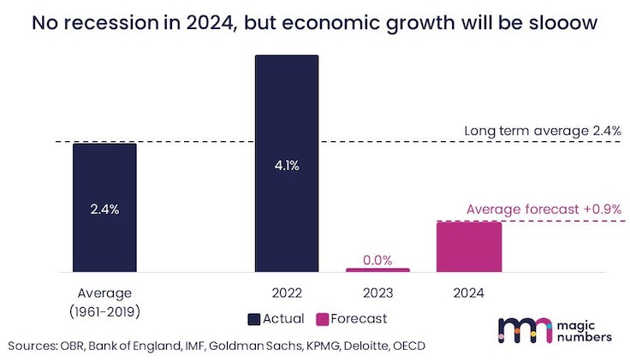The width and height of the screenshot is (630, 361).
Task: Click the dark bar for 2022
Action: (287, 163)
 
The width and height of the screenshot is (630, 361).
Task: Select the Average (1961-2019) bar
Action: (104, 208)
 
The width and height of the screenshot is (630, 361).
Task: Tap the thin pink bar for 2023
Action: (377, 270)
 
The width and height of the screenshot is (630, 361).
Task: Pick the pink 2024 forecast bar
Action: (469, 247)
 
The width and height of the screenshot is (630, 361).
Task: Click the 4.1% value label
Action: (287, 165)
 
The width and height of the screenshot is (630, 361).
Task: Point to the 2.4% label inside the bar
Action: (104, 210)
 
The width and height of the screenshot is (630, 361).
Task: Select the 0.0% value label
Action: (377, 260)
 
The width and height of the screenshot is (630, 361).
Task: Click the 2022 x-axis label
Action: (287, 293)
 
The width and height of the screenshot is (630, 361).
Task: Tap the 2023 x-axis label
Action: (377, 293)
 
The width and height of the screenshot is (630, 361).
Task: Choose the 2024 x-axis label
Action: (468, 293)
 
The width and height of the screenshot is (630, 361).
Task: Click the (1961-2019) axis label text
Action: (104, 311)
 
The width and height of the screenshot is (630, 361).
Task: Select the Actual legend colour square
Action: (254, 319)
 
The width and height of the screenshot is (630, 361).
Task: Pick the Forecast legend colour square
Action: (322, 319)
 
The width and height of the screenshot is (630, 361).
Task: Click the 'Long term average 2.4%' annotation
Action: (543, 131)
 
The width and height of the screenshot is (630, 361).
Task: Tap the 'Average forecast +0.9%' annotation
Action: (544, 210)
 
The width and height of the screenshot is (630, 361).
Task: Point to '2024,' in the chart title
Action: (211, 23)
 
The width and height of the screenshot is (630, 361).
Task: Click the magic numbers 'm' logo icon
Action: (525, 330)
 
